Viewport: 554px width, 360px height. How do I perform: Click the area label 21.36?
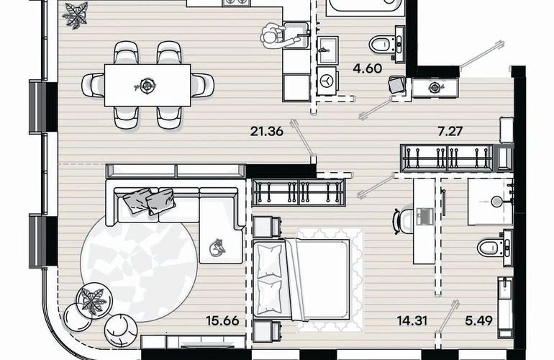(267, 132)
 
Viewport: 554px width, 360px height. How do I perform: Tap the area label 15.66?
(222, 320)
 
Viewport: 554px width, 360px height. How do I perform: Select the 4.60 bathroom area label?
(368, 68)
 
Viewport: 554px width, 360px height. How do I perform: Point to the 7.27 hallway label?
(450, 132)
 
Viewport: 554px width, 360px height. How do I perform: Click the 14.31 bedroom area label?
(412, 320)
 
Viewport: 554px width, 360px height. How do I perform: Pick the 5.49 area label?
(478, 320)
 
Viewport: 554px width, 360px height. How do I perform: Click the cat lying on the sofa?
(217, 248)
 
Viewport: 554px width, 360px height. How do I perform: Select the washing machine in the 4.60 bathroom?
(327, 81)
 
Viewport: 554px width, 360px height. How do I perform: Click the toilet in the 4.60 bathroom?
(386, 44)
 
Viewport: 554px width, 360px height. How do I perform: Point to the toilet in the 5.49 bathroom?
(494, 247)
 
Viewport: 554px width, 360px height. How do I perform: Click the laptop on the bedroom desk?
(424, 216)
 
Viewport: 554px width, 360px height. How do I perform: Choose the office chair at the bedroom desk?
(403, 221)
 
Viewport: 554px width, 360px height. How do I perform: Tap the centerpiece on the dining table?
(147, 85)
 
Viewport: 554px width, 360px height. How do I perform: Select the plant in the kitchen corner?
(75, 15)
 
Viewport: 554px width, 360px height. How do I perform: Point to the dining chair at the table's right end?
(202, 85)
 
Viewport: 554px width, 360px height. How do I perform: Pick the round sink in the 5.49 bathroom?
(497, 202)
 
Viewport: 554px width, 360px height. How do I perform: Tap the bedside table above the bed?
(267, 227)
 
